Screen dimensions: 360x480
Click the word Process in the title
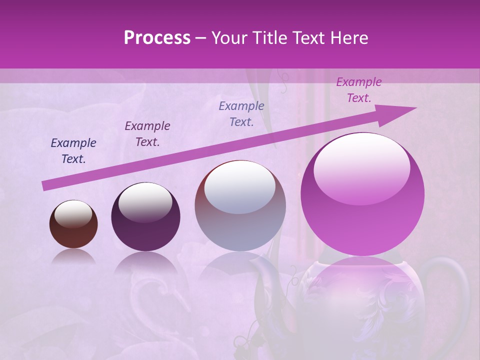pyautogui.click(x=157, y=38)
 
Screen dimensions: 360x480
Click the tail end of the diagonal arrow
pyautogui.click(x=45, y=186)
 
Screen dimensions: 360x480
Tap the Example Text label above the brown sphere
pyautogui.click(x=73, y=151)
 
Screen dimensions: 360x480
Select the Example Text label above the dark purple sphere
pyautogui.click(x=147, y=134)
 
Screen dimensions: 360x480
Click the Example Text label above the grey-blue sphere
pyautogui.click(x=241, y=114)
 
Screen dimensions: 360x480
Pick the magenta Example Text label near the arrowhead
pyautogui.click(x=359, y=90)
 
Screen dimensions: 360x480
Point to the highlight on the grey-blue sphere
pyautogui.click(x=240, y=186)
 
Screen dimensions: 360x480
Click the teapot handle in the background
pyautogui.click(x=457, y=285)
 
